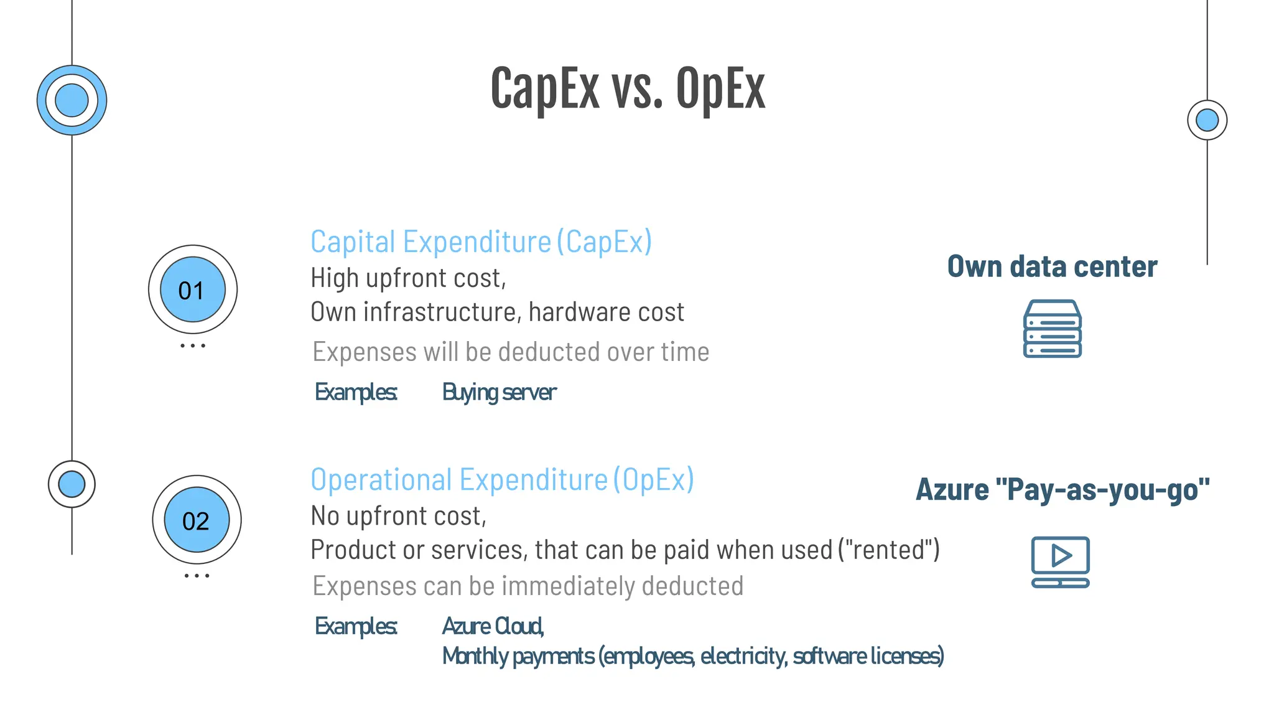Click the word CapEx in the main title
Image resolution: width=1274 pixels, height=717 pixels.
click(x=544, y=89)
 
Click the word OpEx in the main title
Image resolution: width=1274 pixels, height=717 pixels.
click(x=720, y=89)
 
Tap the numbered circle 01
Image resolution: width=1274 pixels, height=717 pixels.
click(x=193, y=289)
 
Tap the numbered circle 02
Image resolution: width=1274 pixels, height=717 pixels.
click(x=197, y=520)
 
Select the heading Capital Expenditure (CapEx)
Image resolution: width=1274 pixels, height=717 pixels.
click(x=481, y=241)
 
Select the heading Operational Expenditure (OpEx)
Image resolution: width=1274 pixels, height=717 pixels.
click(x=502, y=479)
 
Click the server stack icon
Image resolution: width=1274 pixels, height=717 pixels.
click(x=1052, y=329)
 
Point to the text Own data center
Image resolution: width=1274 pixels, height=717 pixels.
click(x=1052, y=266)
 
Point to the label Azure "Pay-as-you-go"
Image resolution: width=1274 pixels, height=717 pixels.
click(x=1062, y=489)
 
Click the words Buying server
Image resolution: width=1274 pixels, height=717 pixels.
click(x=499, y=392)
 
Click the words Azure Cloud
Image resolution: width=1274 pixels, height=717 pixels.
click(x=493, y=626)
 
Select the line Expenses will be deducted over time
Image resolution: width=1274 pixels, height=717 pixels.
click(x=510, y=352)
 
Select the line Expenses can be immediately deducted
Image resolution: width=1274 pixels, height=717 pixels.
click(x=528, y=586)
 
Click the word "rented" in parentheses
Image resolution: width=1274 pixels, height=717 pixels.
click(x=889, y=550)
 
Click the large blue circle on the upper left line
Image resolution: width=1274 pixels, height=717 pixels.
click(x=72, y=100)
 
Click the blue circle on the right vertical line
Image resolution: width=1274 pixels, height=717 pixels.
click(x=1207, y=120)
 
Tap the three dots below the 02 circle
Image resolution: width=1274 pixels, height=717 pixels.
click(x=197, y=576)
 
